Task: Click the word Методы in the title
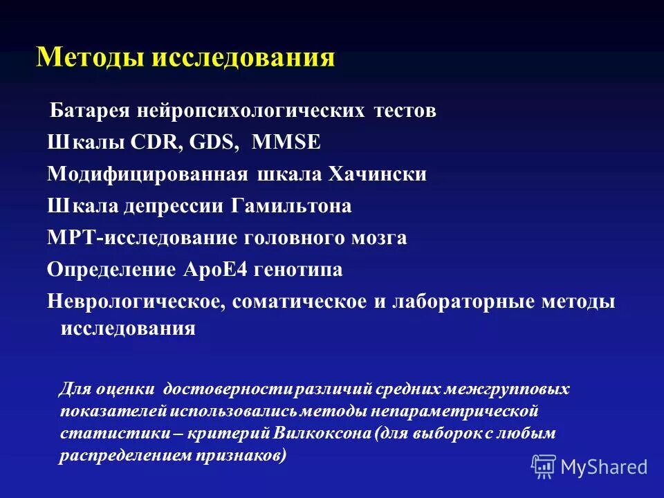coord(91,57)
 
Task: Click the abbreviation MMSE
coord(286,142)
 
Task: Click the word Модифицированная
coord(147,174)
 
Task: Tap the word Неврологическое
coord(138,302)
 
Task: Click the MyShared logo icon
coord(544,466)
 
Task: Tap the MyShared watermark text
coord(604,467)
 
